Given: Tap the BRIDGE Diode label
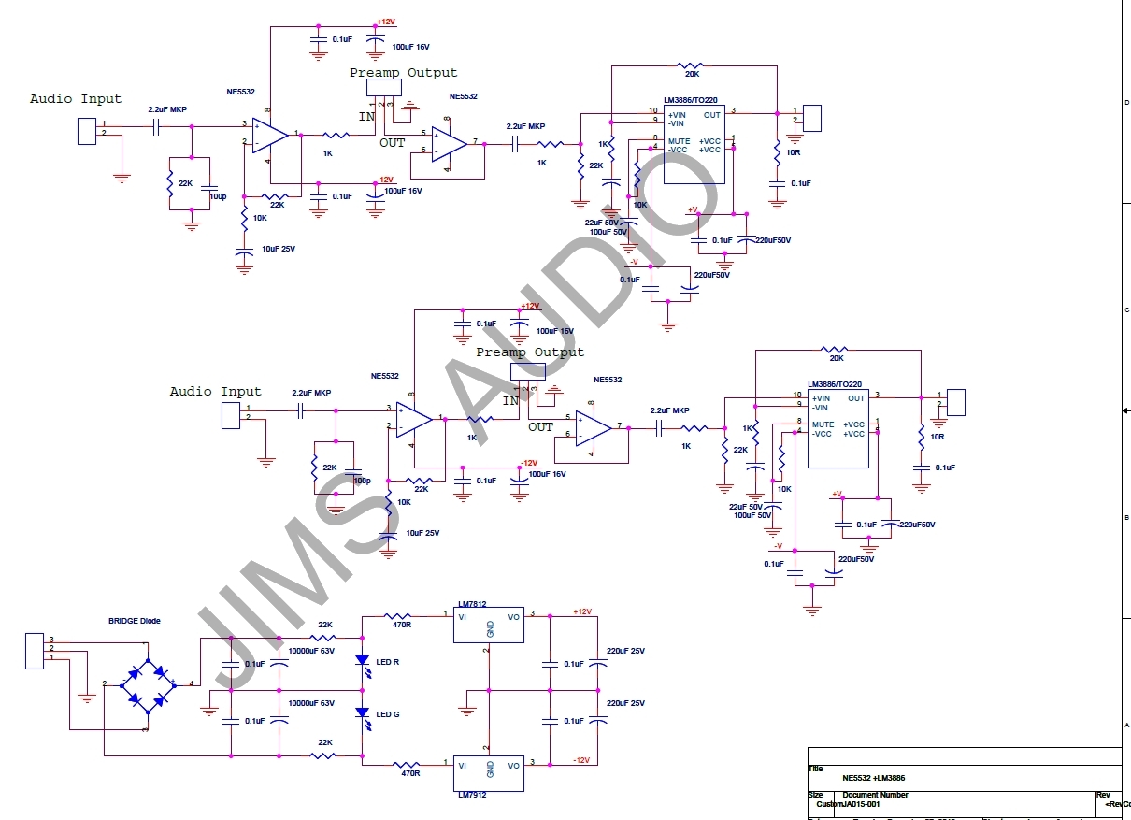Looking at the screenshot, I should pos(135,621).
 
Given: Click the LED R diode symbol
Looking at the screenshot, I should pos(363,661).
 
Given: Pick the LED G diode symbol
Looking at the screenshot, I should pos(363,713).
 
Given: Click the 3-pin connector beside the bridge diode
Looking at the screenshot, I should pos(35,651).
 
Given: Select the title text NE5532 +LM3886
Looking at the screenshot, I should pos(873,778).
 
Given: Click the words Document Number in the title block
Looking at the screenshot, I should pos(875,795).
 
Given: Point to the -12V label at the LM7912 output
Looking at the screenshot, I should pos(581,759).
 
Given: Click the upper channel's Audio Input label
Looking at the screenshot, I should pos(76,99).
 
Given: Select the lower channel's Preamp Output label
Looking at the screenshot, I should pos(529,352).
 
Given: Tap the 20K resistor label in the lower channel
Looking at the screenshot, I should pos(836,358).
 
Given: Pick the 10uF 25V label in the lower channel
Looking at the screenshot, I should pos(422,533).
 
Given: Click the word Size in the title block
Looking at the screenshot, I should pos(816,795).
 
